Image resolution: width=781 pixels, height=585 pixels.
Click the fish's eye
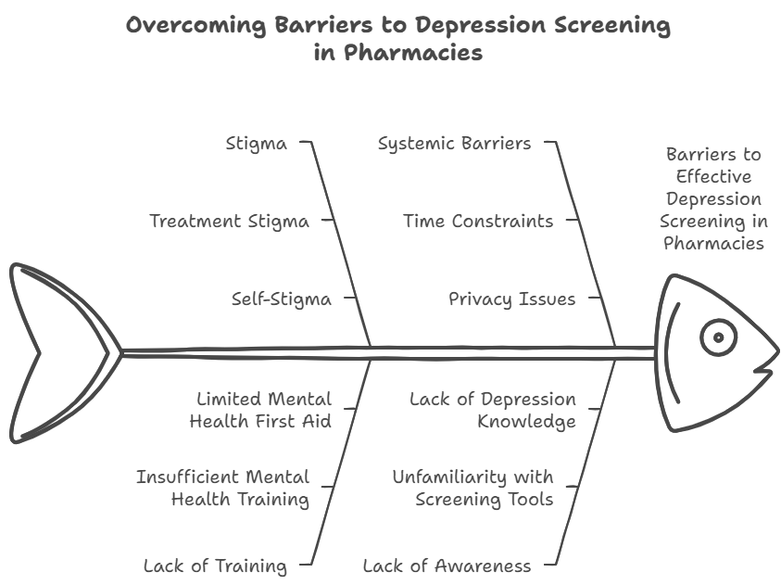(717, 337)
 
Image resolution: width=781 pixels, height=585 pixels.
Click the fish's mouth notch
(765, 370)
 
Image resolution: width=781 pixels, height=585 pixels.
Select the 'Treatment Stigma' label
(229, 222)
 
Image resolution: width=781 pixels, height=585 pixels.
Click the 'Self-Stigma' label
(281, 299)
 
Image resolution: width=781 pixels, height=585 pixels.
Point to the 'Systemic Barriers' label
(454, 144)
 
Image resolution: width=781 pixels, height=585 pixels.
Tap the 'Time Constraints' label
(478, 222)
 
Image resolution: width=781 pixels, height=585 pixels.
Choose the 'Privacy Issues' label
(511, 299)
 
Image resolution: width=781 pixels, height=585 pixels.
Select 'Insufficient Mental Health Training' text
(222, 488)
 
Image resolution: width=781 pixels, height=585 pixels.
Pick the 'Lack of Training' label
(215, 566)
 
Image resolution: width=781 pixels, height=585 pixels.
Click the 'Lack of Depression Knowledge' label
(493, 410)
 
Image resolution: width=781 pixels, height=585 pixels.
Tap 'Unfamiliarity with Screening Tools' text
(472, 488)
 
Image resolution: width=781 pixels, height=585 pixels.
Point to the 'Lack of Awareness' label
(447, 566)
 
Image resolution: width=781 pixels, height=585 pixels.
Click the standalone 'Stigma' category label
(257, 144)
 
